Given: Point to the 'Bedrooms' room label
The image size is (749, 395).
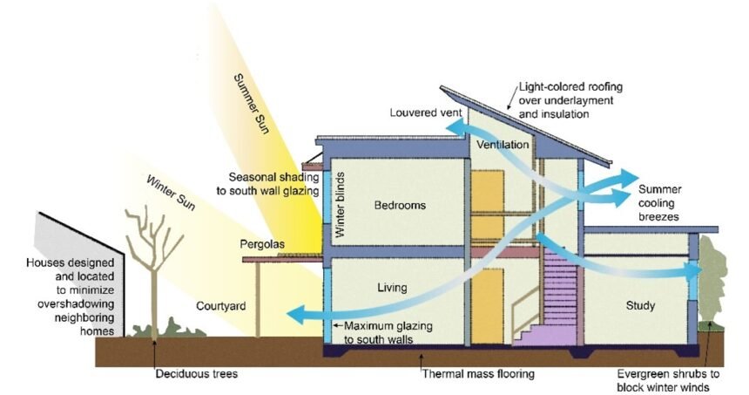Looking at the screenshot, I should (400, 206).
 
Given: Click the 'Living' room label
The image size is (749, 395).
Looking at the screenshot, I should (393, 286).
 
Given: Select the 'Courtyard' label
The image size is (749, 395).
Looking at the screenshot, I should (220, 307).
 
